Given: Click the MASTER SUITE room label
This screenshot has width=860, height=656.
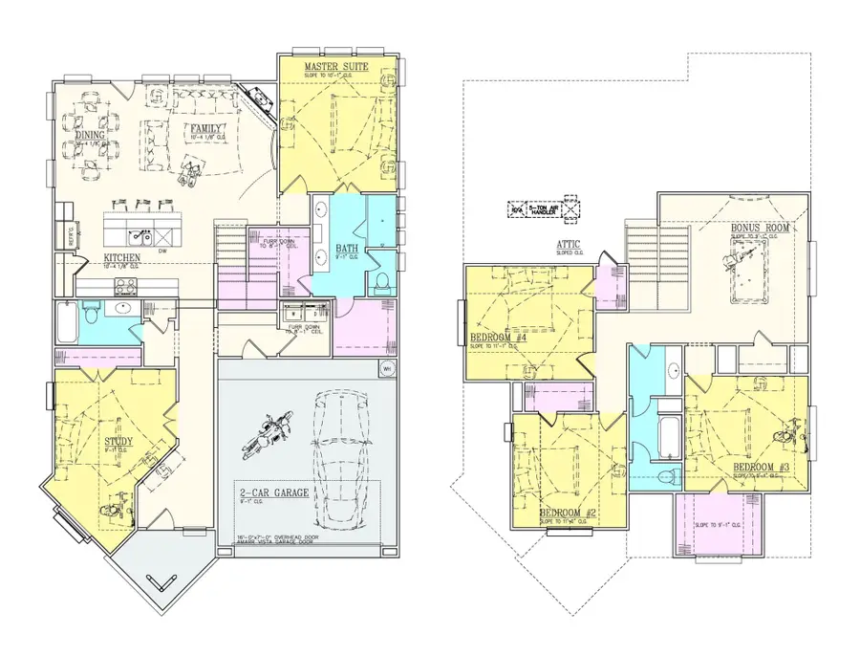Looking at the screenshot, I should click(x=336, y=66).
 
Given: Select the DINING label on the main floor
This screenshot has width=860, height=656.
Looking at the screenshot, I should click(x=91, y=136).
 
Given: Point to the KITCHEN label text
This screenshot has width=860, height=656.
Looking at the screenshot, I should click(x=123, y=258).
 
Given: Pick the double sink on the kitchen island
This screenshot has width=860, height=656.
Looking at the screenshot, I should click(x=140, y=230).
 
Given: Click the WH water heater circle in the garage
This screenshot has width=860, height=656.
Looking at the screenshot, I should click(x=387, y=370).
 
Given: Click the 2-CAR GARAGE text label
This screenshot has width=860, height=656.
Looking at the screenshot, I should click(x=274, y=492).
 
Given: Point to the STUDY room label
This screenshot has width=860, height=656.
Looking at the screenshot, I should click(x=118, y=441).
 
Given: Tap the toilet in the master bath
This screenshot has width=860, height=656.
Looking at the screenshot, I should click(x=380, y=280).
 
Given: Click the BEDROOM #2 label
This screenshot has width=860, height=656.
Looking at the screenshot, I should click(x=568, y=513).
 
